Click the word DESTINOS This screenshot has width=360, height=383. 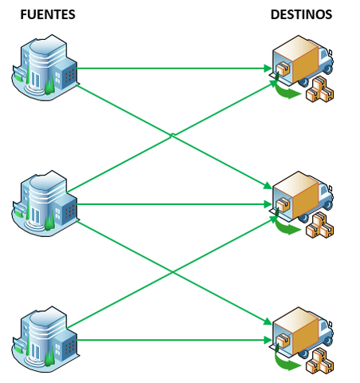pos(301,14)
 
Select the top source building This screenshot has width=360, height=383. pos(46,67)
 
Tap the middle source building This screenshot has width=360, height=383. pos(46,203)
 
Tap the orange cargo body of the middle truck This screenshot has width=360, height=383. pos(302,195)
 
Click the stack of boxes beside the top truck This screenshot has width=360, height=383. pos(322,89)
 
